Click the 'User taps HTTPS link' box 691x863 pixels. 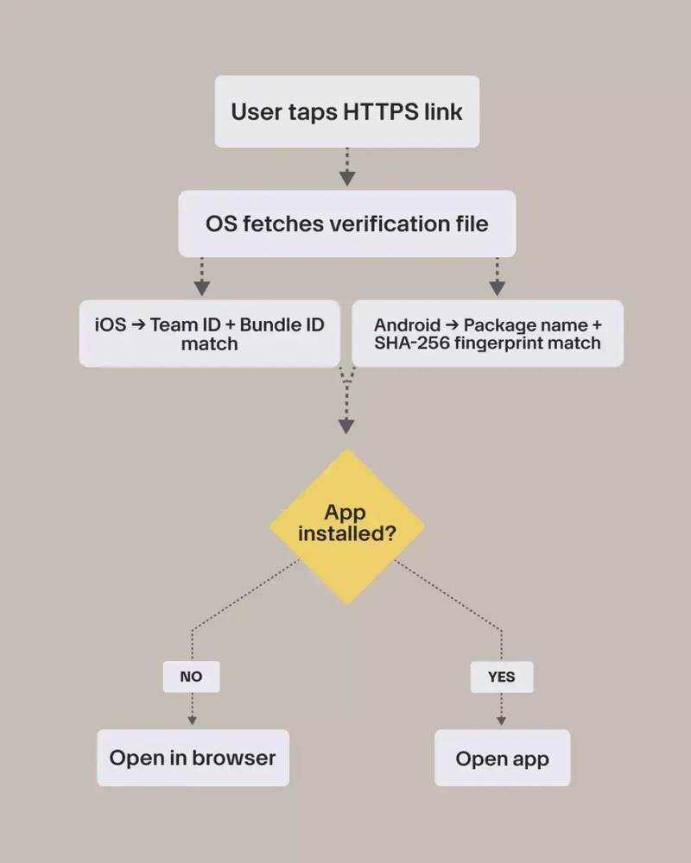346,111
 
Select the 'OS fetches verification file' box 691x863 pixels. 346,224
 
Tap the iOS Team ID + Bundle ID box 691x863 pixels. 209,333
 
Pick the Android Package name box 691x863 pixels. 487,333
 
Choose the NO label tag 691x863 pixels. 191,677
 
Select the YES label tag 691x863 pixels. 501,677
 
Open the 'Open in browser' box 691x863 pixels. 193,758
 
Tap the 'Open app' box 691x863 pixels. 502,758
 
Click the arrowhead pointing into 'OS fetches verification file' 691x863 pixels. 346,178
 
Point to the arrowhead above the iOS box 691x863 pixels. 201,287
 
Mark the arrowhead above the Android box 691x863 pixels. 497,287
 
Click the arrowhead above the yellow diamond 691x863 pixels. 346,425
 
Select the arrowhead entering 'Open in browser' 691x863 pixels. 192,719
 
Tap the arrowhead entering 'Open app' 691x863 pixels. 501,719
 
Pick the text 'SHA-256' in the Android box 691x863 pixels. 406,343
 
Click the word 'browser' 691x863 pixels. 233,758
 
